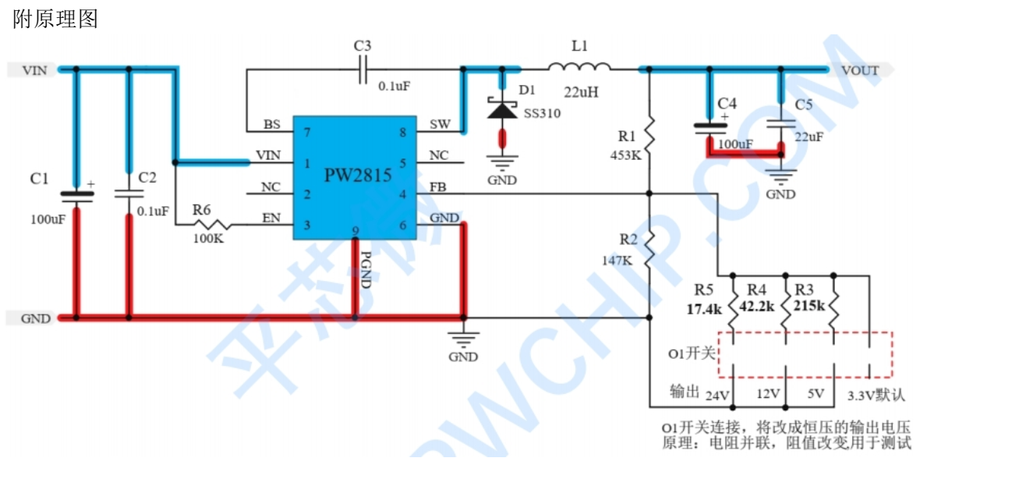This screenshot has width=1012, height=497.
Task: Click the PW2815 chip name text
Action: point(358,176)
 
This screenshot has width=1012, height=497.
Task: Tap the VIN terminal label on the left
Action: point(35,70)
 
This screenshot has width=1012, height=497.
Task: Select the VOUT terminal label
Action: point(860,70)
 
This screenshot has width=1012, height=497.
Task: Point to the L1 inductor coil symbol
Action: point(579,67)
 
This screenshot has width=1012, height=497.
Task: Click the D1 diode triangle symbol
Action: point(502,110)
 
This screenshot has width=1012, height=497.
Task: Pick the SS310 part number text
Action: point(542,113)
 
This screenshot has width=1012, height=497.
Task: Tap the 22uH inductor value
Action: point(581,92)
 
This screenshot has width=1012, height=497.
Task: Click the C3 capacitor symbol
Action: point(363,69)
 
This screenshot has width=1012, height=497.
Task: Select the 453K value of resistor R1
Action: point(626,155)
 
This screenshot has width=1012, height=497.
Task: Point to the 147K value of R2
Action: point(617,261)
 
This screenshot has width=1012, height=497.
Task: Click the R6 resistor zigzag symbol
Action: point(212,224)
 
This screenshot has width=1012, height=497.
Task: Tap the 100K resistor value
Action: point(208,238)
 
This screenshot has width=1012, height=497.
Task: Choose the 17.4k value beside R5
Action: point(704,309)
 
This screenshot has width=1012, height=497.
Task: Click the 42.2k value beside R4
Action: point(757,306)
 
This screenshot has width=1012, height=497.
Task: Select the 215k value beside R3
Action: point(809,306)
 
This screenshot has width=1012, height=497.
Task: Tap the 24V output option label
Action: point(717,396)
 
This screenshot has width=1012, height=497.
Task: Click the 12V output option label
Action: point(769,394)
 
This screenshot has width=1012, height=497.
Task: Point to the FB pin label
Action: point(438,186)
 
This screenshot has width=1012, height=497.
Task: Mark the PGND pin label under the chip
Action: point(366,270)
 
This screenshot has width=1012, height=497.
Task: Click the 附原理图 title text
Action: point(55,19)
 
